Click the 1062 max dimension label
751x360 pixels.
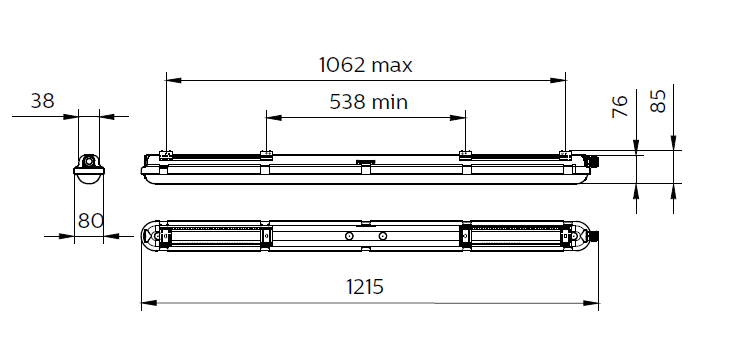click(x=365, y=65)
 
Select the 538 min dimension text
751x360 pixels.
click(x=368, y=102)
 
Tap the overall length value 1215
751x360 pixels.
click(x=365, y=287)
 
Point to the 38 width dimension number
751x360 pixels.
click(x=43, y=101)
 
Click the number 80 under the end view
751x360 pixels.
click(x=91, y=221)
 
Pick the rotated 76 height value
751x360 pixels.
click(x=620, y=106)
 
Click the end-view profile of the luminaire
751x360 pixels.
click(x=89, y=169)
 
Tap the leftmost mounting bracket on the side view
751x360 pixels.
click(x=166, y=155)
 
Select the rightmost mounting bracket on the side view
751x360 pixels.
click(x=566, y=155)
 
